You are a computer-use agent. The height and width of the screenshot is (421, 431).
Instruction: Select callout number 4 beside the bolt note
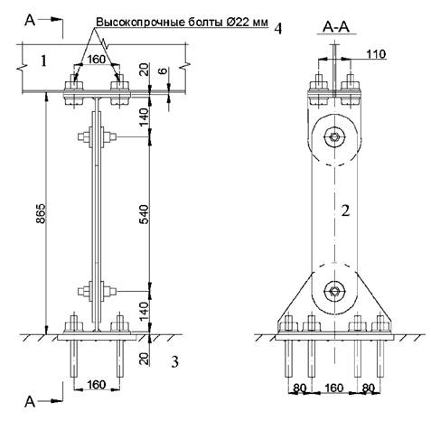[278, 29]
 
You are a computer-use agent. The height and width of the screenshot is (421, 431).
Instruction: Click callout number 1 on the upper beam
[44, 61]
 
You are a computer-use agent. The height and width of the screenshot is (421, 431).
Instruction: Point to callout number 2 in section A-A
[345, 210]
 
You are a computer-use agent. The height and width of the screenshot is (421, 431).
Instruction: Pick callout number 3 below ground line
[174, 361]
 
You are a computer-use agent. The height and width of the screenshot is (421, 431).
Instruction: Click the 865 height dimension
[41, 213]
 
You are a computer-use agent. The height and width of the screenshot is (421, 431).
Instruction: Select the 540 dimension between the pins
[145, 214]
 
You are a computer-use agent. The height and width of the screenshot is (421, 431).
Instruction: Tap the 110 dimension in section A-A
[376, 54]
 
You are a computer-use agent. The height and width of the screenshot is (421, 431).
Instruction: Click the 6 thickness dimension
[163, 71]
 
